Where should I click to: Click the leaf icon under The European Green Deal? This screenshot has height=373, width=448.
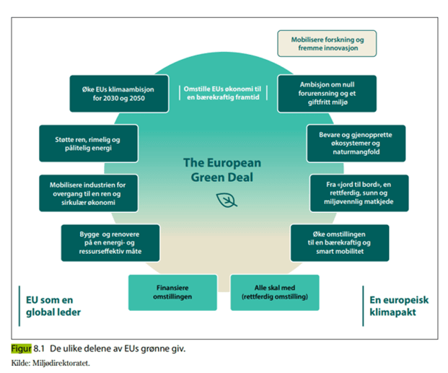(227, 200)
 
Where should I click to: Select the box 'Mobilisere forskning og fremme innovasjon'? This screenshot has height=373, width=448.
(326, 43)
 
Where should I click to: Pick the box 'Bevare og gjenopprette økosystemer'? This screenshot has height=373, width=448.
(356, 143)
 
